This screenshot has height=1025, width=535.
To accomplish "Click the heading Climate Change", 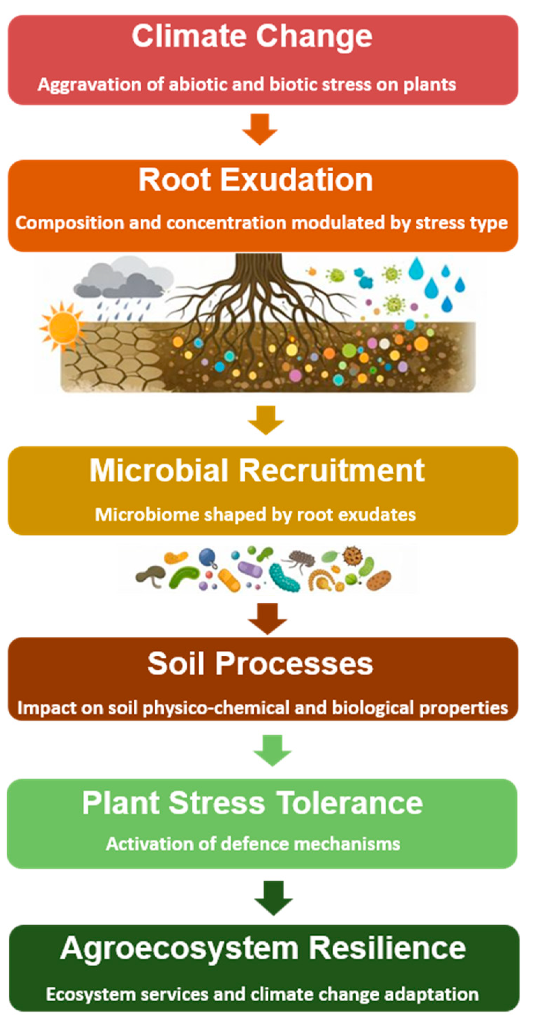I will point(252,37).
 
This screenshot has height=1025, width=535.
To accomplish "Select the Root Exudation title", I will point(255,180).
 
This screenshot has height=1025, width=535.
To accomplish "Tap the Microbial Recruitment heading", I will point(257,471).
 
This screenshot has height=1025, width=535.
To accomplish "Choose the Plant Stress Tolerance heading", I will point(252,802).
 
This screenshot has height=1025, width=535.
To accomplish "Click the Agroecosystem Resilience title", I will point(263,949).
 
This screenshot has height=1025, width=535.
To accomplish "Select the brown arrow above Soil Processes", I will point(267,618).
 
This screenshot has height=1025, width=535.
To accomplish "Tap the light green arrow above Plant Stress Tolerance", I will point(273,751).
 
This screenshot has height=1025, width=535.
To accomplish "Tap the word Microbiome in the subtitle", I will point(147,515).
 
